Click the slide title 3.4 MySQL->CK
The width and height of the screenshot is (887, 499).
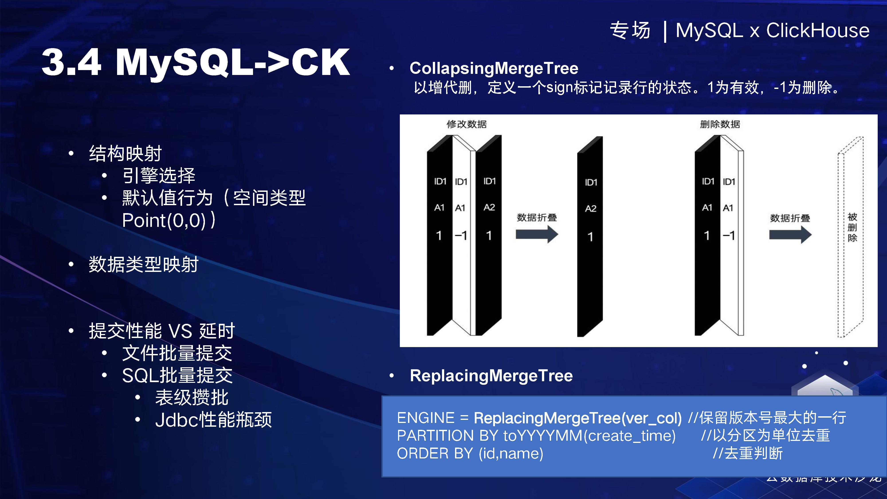(196, 63)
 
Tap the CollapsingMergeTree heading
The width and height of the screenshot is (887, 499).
(494, 68)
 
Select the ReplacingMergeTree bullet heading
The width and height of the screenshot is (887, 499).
(491, 376)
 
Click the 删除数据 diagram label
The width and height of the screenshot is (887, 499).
(720, 124)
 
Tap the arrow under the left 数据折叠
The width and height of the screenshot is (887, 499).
(536, 234)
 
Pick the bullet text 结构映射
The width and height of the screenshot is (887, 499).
(125, 154)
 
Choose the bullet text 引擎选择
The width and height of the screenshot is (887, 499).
(159, 176)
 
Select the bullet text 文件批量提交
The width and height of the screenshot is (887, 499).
(177, 353)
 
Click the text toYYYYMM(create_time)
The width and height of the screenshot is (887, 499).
(589, 436)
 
